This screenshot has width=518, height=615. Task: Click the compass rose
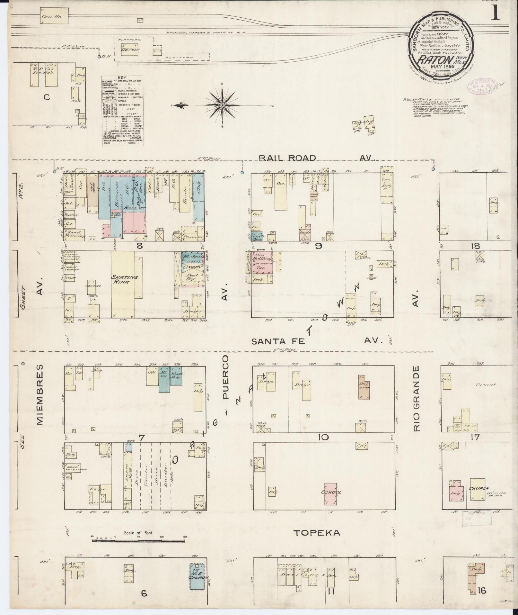[x=222, y=105]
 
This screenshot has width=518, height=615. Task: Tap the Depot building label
[x=130, y=50]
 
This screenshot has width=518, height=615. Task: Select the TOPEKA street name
[x=317, y=533]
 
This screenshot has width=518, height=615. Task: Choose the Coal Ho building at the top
[x=55, y=16]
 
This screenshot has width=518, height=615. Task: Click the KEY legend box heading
[x=122, y=78]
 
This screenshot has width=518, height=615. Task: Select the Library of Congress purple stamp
[x=481, y=86]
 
